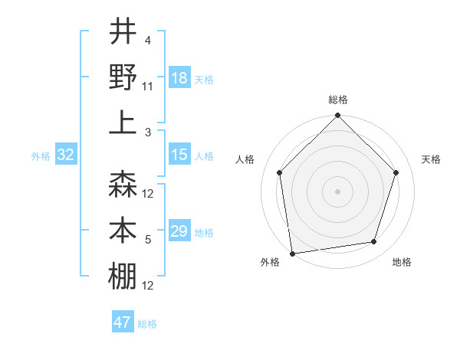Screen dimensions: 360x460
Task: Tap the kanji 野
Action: [x=123, y=77]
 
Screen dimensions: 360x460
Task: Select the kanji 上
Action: [x=123, y=122]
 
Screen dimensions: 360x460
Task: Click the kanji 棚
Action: [x=123, y=276]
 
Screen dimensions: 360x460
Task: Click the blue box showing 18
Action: [x=179, y=77]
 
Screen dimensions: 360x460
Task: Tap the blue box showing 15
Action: [x=179, y=155]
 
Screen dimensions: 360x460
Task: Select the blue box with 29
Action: [x=179, y=231]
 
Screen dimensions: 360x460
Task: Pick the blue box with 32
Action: [x=66, y=155]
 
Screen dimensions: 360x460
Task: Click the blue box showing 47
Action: [x=123, y=322]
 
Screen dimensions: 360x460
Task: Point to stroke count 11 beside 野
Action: [x=148, y=87]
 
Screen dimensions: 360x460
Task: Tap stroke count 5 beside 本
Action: [x=148, y=241]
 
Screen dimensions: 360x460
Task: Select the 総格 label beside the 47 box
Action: [x=147, y=324]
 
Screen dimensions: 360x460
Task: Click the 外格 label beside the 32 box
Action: [x=41, y=156]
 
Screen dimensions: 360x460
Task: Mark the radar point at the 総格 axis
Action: [x=337, y=116]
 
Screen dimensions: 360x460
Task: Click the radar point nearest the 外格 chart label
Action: [x=292, y=253]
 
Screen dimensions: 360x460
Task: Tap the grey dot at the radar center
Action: [x=337, y=191]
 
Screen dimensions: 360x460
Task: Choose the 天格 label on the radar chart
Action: [x=432, y=159]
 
